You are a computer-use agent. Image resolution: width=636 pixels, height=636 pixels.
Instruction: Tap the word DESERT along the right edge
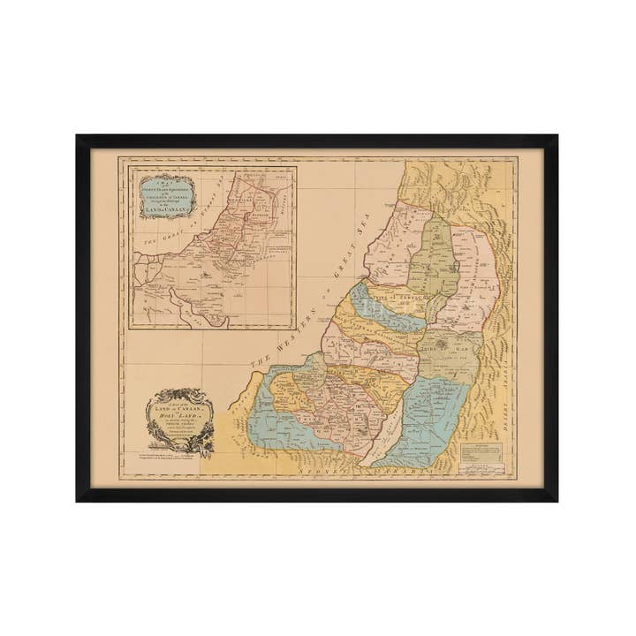(505, 408)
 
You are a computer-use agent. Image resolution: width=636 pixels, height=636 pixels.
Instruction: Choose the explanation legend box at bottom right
(480, 450)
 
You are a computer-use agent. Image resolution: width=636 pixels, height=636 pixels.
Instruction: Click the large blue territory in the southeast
(433, 415)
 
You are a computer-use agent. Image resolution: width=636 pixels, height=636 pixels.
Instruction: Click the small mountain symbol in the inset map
(205, 276)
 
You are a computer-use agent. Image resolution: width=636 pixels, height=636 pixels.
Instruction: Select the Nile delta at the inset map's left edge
(140, 265)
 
